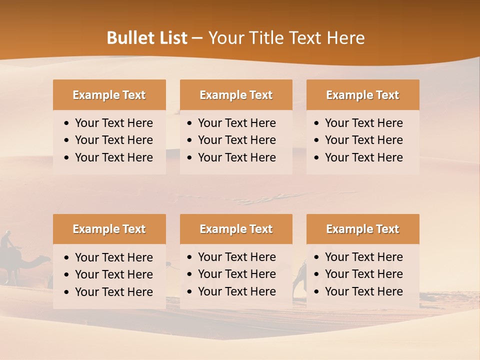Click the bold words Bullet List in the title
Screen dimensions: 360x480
147,38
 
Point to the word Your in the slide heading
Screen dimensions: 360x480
226,38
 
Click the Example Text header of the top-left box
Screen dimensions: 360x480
109,95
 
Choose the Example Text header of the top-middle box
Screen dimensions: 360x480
236,95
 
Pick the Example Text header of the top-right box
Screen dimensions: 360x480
362,95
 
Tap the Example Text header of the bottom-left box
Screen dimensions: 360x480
109,229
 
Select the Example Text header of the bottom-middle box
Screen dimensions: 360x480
236,229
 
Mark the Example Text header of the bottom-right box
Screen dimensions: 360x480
362,229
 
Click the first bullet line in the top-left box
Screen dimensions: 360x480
113,123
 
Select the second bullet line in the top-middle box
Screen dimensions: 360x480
236,140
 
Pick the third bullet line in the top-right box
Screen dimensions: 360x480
363,157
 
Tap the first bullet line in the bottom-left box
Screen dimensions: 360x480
113,257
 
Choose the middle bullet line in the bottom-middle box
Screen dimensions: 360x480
236,274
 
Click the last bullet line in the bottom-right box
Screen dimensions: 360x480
363,291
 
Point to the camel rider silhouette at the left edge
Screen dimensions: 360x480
7,240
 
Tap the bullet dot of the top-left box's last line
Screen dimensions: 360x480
67,158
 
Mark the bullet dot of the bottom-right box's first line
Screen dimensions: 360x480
317,257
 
